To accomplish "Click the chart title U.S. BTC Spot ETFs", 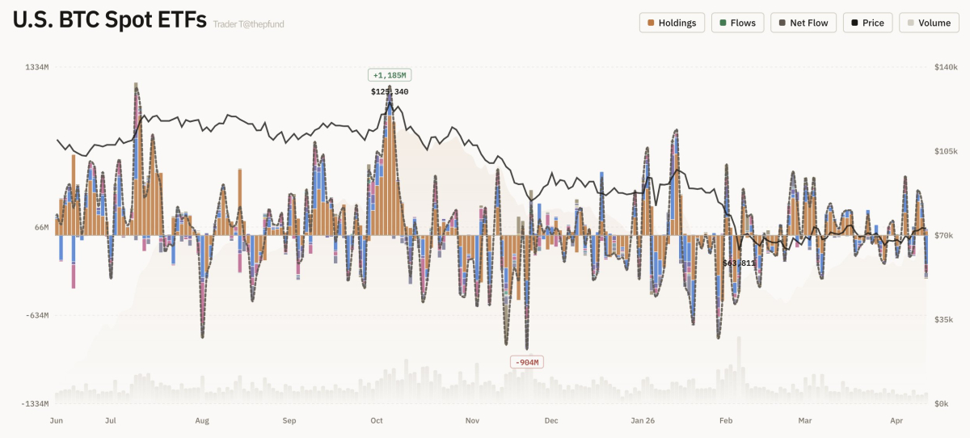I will pyautogui.click(x=109, y=22).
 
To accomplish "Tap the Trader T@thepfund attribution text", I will pyautogui.click(x=248, y=24).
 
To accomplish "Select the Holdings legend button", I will pyautogui.click(x=672, y=23).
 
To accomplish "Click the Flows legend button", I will pyautogui.click(x=737, y=23).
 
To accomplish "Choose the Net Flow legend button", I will pyautogui.click(x=803, y=23).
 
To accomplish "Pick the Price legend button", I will pyautogui.click(x=867, y=23).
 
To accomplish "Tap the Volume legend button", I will pyautogui.click(x=929, y=23).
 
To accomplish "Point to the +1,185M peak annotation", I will pyautogui.click(x=390, y=75).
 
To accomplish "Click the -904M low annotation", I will pyautogui.click(x=526, y=362).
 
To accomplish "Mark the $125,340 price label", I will pyautogui.click(x=390, y=91).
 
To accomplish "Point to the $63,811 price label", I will pyautogui.click(x=739, y=263).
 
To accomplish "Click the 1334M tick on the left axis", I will pyautogui.click(x=36, y=67).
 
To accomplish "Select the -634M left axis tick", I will pyautogui.click(x=36, y=315).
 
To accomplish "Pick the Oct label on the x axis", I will pyautogui.click(x=376, y=420).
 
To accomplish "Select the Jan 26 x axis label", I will pyautogui.click(x=643, y=420).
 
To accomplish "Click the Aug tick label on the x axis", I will pyautogui.click(x=202, y=420).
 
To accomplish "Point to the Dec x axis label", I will pyautogui.click(x=550, y=420).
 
